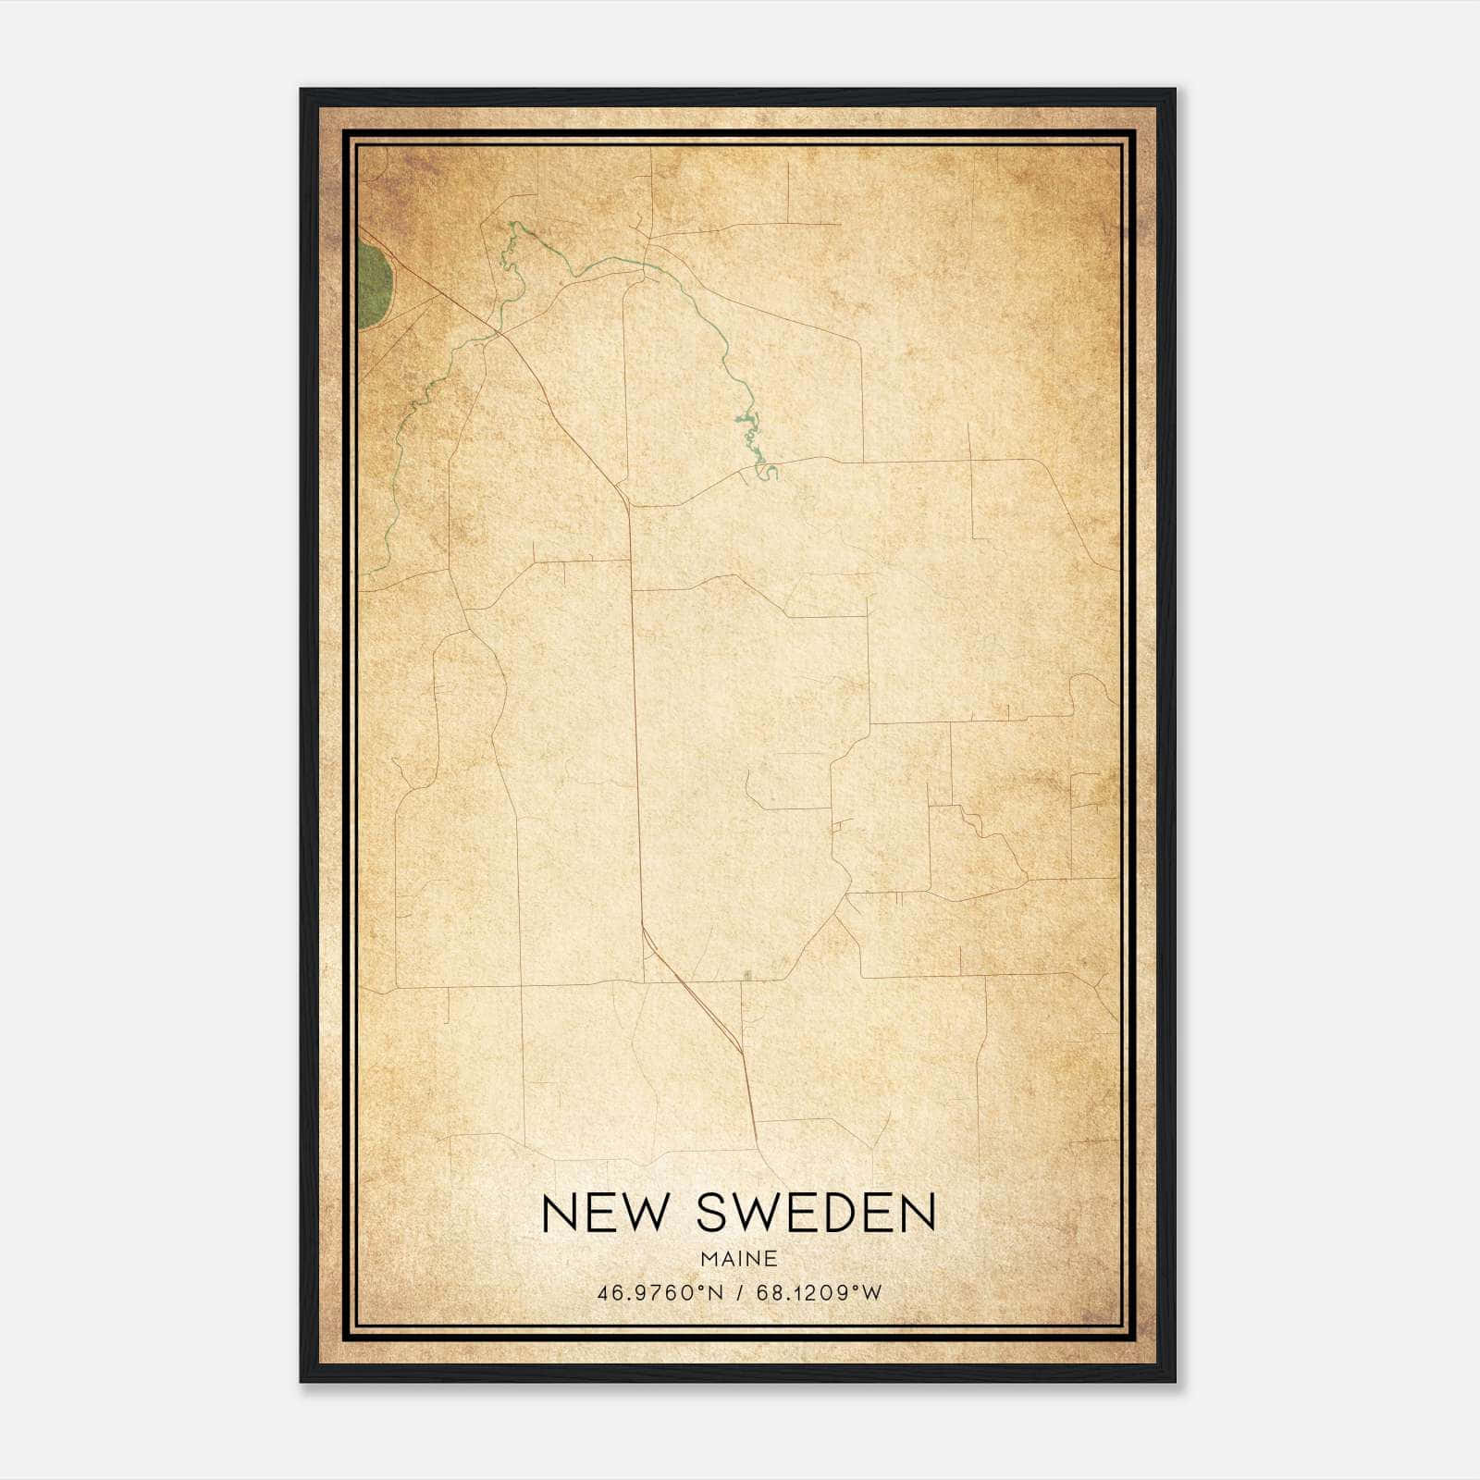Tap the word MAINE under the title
[738, 1258]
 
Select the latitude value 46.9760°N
[660, 1292]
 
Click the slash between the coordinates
[740, 1292]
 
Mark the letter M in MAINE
[709, 1258]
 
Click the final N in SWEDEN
[919, 1213]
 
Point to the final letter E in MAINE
[771, 1258]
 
